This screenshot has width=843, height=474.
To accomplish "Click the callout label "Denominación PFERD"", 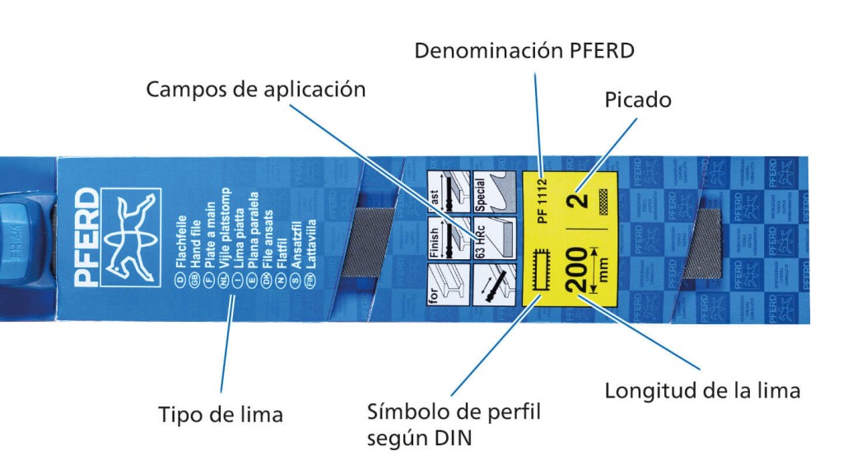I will pos(524,51).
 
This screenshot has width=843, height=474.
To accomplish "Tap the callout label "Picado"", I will pos(638,100).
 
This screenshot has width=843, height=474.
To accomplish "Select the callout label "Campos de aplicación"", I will pos(255,89).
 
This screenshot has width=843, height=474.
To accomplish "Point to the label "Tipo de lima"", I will pos(221,415).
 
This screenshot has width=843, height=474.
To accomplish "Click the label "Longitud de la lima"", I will pos(702,390).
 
